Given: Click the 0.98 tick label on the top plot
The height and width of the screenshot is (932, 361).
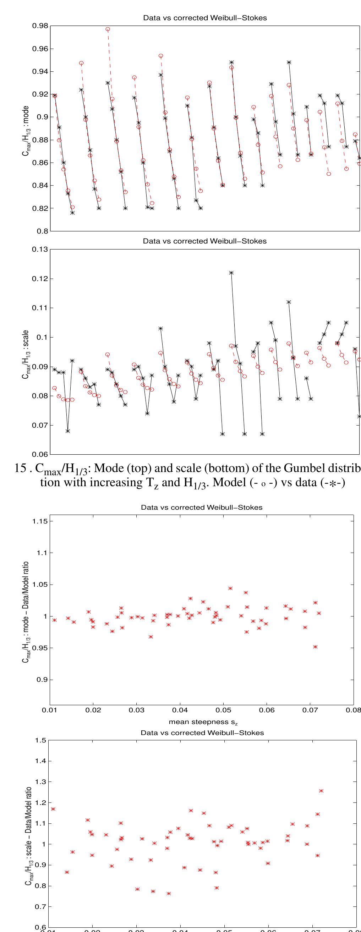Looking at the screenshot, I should point(40,26).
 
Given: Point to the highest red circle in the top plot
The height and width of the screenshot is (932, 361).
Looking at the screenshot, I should point(108,29).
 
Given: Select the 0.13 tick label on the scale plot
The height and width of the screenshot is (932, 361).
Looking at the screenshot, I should point(40,249).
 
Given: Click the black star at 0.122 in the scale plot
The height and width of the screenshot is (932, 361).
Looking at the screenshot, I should point(231,273).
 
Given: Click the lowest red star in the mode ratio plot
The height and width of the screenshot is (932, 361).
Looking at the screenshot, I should point(316,647).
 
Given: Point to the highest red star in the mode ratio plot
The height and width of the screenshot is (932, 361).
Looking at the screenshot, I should point(230,588).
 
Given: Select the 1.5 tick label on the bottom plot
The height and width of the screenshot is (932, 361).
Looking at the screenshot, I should point(40,740).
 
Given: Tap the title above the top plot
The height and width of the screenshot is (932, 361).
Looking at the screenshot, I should point(205,18).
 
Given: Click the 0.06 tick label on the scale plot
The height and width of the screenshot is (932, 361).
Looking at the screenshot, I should point(40,454).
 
